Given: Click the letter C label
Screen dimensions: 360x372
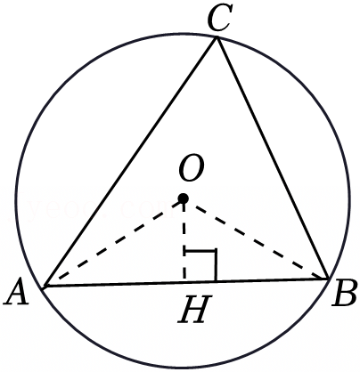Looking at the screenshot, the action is tap(219, 20).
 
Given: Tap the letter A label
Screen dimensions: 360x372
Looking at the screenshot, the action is tap(17, 292).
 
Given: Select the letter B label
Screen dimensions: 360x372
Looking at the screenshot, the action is tap(344, 294).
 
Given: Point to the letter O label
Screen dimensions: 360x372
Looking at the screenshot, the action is tap(192, 168).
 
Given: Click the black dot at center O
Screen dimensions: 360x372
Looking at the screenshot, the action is tap(184, 198).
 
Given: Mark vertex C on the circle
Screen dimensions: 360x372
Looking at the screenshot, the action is tap(217, 37).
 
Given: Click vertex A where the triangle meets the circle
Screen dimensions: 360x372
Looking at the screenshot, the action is tap(44, 287).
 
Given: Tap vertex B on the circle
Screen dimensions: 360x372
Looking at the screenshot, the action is tap(329, 279).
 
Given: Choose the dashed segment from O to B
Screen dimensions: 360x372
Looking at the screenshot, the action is tap(256, 239).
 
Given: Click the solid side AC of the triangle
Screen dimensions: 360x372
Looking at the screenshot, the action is tap(131, 162).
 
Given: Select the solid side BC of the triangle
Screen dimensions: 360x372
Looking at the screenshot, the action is tap(273, 158).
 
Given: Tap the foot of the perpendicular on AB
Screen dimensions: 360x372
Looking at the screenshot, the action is tap(184, 282).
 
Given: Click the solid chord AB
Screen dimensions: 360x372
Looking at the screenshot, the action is tap(186, 282).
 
